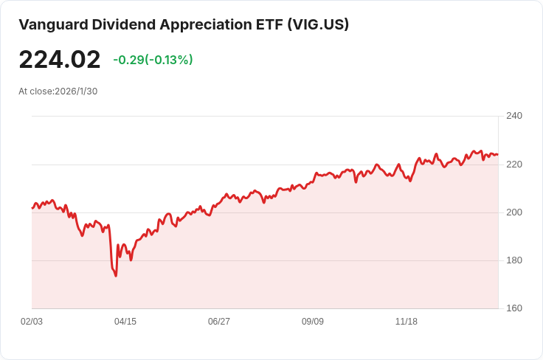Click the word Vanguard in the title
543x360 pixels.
(x=53, y=25)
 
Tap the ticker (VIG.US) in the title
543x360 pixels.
(x=318, y=25)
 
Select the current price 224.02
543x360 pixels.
(x=60, y=60)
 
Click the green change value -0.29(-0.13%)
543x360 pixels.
(x=153, y=60)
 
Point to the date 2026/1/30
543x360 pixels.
(x=76, y=91)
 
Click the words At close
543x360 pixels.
(x=35, y=91)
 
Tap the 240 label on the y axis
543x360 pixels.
(x=514, y=116)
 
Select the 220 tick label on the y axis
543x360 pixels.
(x=514, y=165)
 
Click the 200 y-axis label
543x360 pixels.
(x=514, y=212)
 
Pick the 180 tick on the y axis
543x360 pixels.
(x=514, y=260)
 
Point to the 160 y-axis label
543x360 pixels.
(x=514, y=308)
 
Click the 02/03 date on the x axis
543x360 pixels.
(x=32, y=322)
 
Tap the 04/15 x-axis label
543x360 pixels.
(x=125, y=322)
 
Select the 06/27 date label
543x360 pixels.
(x=219, y=322)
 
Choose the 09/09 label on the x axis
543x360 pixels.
(x=313, y=322)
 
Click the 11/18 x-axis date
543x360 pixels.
(x=407, y=322)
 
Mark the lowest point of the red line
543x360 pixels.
(x=116, y=276)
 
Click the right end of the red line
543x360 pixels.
(x=498, y=154)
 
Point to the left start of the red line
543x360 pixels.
(x=32, y=208)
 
